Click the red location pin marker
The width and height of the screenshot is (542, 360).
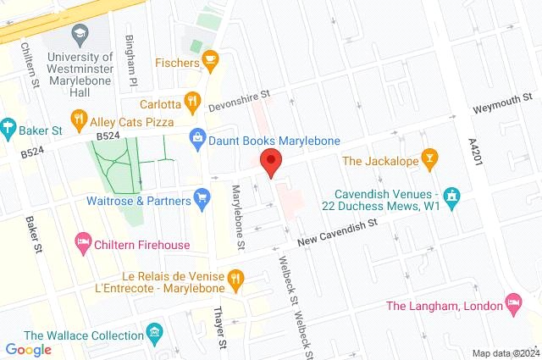coord(270,161)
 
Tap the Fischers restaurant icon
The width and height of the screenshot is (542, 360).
coord(210,61)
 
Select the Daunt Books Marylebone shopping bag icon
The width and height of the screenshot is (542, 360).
coord(197,136)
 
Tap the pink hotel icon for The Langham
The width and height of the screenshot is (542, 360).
coord(512,302)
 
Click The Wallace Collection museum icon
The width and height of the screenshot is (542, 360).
coord(153,331)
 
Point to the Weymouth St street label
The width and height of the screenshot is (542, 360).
coord(501,108)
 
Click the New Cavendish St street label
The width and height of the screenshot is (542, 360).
coord(335,230)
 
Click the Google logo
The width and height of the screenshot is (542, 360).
coord(29,348)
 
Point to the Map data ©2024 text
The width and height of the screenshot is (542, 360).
coord(505,353)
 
